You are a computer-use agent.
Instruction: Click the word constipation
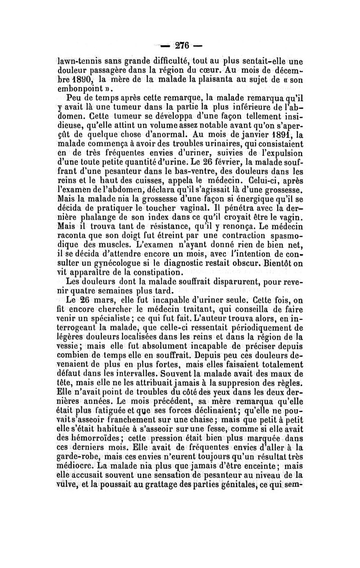pos(150,272)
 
